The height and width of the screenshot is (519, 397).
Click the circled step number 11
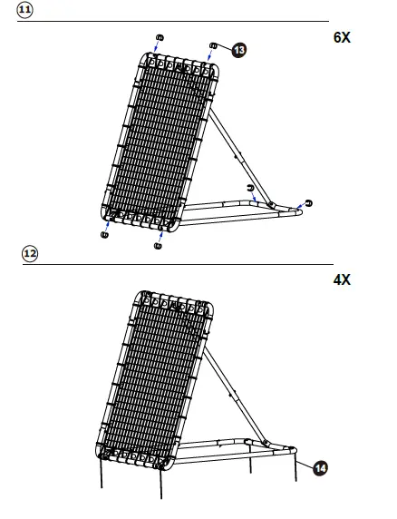click(x=24, y=10)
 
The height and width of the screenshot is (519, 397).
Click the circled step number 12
click(x=30, y=254)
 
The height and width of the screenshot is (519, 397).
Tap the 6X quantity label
click(x=342, y=37)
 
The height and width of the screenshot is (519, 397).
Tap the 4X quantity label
click(x=342, y=280)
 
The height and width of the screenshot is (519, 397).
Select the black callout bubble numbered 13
click(x=238, y=50)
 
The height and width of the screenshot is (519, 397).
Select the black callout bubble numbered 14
click(x=320, y=468)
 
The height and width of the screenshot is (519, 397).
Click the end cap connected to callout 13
click(x=214, y=45)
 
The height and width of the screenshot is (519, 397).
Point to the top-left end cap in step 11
click(x=160, y=37)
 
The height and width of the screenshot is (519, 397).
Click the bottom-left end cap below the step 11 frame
click(x=104, y=235)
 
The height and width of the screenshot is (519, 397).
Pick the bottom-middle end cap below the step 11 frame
click(x=158, y=246)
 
